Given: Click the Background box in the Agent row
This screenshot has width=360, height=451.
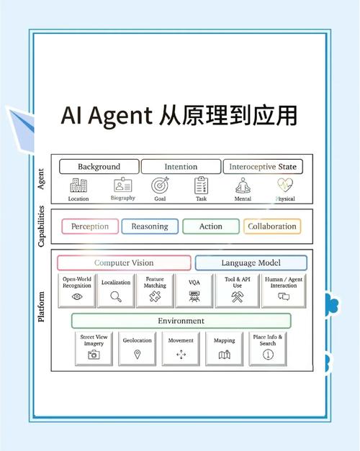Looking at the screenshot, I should tap(99, 167).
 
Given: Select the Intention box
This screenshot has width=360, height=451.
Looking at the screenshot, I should tap(181, 167).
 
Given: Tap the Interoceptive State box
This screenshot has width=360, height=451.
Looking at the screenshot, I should tap(262, 167).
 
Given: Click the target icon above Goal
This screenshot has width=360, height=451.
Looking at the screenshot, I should tap(160, 185).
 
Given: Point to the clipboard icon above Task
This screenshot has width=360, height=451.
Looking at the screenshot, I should tap(201, 185).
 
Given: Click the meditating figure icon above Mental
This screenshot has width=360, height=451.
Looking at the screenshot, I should tap(243, 185).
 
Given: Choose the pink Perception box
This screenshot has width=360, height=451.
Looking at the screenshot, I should tap(90, 227).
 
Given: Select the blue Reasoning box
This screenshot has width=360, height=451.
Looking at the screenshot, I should tap(150, 227).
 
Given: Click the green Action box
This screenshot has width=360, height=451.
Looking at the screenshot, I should tap(210, 227).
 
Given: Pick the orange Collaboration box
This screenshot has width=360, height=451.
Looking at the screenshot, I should tap(271, 227).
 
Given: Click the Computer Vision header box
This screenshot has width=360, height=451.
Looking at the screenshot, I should tap(124, 263).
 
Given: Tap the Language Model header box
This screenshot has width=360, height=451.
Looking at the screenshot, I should tap(251, 263).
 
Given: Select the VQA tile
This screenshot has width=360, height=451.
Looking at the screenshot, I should tap(194, 290).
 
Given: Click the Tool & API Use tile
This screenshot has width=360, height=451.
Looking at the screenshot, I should tap(236, 290).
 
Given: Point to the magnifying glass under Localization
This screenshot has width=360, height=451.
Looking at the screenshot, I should tap(116, 296).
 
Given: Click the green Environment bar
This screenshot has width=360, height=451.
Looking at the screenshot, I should tap(181, 321).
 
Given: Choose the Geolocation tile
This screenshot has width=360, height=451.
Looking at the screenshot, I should tap(138, 347).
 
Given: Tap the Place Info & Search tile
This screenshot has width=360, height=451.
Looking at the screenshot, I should tap(269, 347).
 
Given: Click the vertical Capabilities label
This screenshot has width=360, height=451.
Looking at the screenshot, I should tap(42, 226).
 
